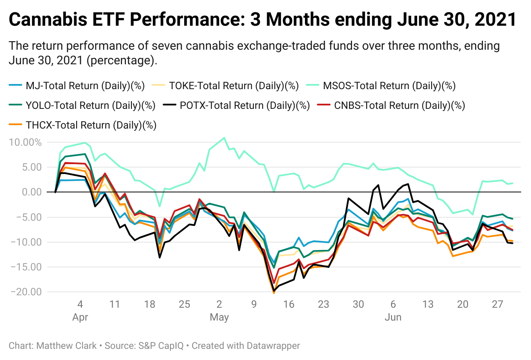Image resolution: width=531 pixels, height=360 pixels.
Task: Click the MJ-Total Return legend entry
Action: click(77, 86)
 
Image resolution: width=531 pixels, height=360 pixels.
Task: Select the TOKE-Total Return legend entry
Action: click(230, 86)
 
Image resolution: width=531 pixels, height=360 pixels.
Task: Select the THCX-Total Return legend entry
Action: click(82, 125)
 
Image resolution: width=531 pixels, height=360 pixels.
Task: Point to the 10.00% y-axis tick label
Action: click(25, 142)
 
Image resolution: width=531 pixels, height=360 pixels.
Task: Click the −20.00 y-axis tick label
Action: click(25, 292)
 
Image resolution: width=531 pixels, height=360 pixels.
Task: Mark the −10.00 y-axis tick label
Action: click(25, 242)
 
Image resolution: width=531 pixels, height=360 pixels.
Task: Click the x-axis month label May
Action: click(219, 318)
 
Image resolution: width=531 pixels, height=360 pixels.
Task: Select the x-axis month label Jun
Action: click(393, 318)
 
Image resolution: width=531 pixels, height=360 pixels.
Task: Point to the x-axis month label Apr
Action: click(80, 318)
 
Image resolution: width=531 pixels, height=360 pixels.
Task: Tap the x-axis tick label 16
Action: click(289, 305)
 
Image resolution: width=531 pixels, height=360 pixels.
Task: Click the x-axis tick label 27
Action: click(497, 305)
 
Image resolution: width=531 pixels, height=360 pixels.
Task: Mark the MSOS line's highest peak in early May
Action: click(224, 138)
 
